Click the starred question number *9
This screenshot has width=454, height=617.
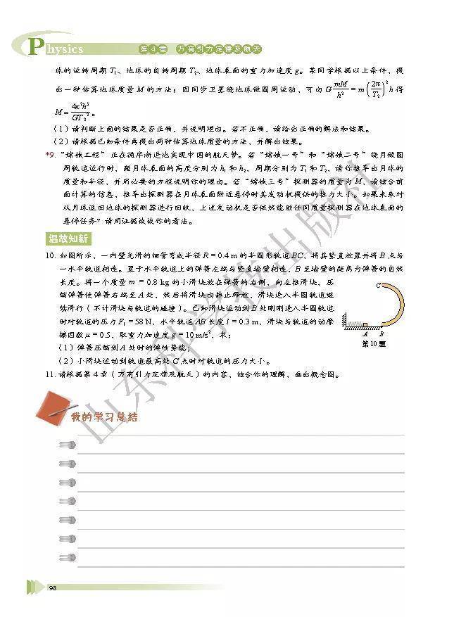point(49,153)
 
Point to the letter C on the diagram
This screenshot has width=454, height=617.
point(379,284)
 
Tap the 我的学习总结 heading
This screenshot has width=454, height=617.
point(103,417)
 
